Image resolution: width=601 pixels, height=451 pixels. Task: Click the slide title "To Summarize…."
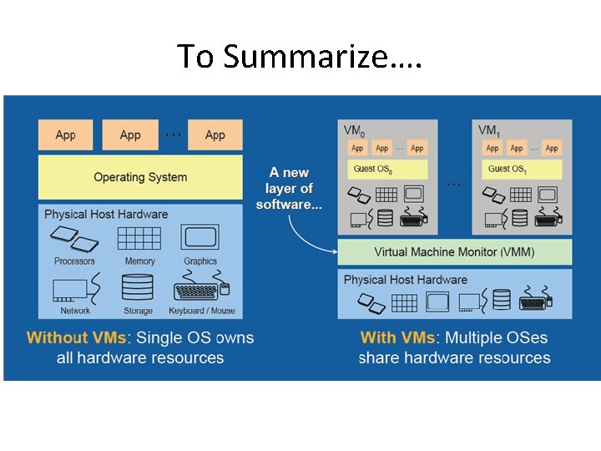[x=300, y=56]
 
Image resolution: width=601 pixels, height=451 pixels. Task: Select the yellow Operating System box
[x=139, y=177]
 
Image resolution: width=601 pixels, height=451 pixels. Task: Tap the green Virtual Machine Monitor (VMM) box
[x=454, y=251]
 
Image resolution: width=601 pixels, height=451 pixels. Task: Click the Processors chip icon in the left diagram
[x=75, y=242]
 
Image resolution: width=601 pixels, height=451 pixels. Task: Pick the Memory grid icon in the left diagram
[x=139, y=239]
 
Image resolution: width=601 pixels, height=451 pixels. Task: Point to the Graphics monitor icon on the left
[x=200, y=239]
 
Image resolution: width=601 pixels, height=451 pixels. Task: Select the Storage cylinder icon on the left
[x=138, y=287]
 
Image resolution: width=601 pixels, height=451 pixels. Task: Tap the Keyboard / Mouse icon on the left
[x=201, y=290]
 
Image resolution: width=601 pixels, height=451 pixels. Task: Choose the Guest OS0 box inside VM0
[x=387, y=169]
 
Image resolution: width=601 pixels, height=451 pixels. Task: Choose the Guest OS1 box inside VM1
[x=522, y=169]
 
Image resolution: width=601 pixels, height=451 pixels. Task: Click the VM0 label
[x=354, y=130]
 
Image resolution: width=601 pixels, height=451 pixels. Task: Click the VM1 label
[x=488, y=130]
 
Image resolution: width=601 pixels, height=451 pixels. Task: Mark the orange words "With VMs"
[x=397, y=338]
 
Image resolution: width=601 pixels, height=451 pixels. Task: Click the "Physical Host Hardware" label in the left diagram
[x=106, y=215]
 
